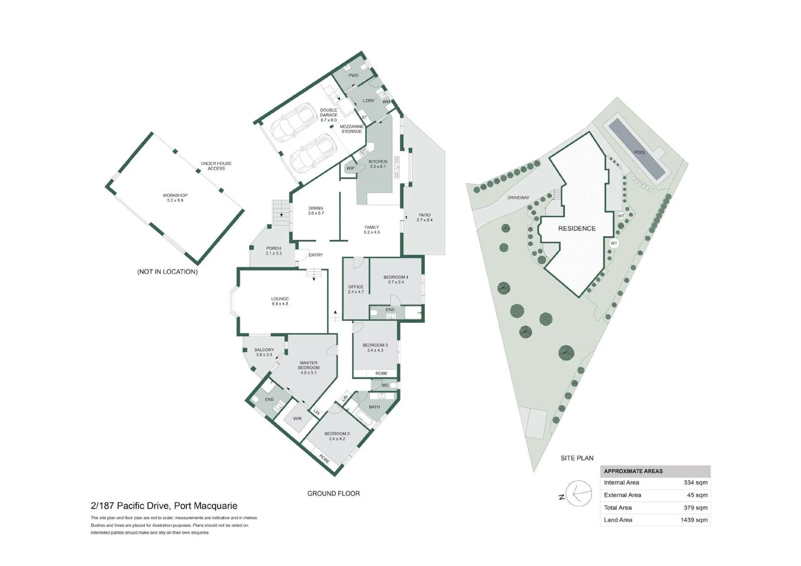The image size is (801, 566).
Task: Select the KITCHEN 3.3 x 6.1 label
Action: pyautogui.click(x=378, y=164)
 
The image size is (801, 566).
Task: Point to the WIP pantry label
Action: pyautogui.click(x=350, y=168)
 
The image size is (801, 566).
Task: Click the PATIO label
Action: pyautogui.click(x=424, y=217)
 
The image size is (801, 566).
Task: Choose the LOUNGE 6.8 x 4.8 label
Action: pyautogui.click(x=280, y=301)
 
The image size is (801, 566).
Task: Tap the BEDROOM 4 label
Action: pyautogui.click(x=396, y=279)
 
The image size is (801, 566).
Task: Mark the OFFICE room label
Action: pyautogui.click(x=356, y=289)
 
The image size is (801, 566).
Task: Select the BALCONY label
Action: pyautogui.click(x=264, y=352)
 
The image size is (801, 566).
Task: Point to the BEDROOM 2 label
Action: pyautogui.click(x=337, y=436)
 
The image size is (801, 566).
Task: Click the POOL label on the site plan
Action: pyautogui.click(x=640, y=153)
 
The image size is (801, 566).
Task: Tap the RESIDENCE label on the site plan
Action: pyautogui.click(x=577, y=228)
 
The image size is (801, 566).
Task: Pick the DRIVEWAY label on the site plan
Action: pyautogui.click(x=518, y=198)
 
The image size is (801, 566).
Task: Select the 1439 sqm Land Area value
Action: pyautogui.click(x=694, y=520)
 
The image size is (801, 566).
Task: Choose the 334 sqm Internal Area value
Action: pyautogui.click(x=695, y=483)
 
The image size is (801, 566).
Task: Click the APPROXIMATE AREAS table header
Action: pyautogui.click(x=633, y=471)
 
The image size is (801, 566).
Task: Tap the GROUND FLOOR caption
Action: pyautogui.click(x=333, y=493)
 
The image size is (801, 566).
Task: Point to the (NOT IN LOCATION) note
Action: pyautogui.click(x=167, y=271)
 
